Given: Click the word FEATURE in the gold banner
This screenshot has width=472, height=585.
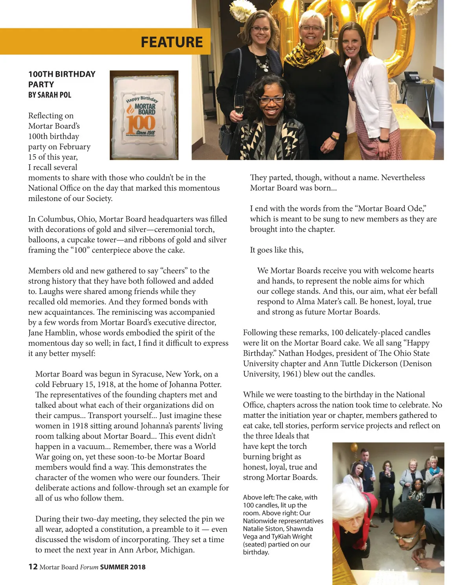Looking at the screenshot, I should pos(172,42).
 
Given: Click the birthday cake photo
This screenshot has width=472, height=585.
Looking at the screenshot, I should pos(144,115).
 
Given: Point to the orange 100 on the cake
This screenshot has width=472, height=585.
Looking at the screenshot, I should pos(141,122).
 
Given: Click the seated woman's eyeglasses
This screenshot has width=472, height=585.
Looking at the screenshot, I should pos(271,99).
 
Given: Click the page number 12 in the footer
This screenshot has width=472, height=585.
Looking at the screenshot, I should pos(33,567).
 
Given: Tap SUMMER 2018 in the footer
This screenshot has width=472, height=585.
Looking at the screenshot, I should pos(123,567).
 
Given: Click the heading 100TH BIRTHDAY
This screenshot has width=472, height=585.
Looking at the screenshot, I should pos(62,74).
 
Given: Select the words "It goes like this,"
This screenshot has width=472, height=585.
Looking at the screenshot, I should pos(277,250).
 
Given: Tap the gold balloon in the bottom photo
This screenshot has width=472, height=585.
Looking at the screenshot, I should pos(354,448).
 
